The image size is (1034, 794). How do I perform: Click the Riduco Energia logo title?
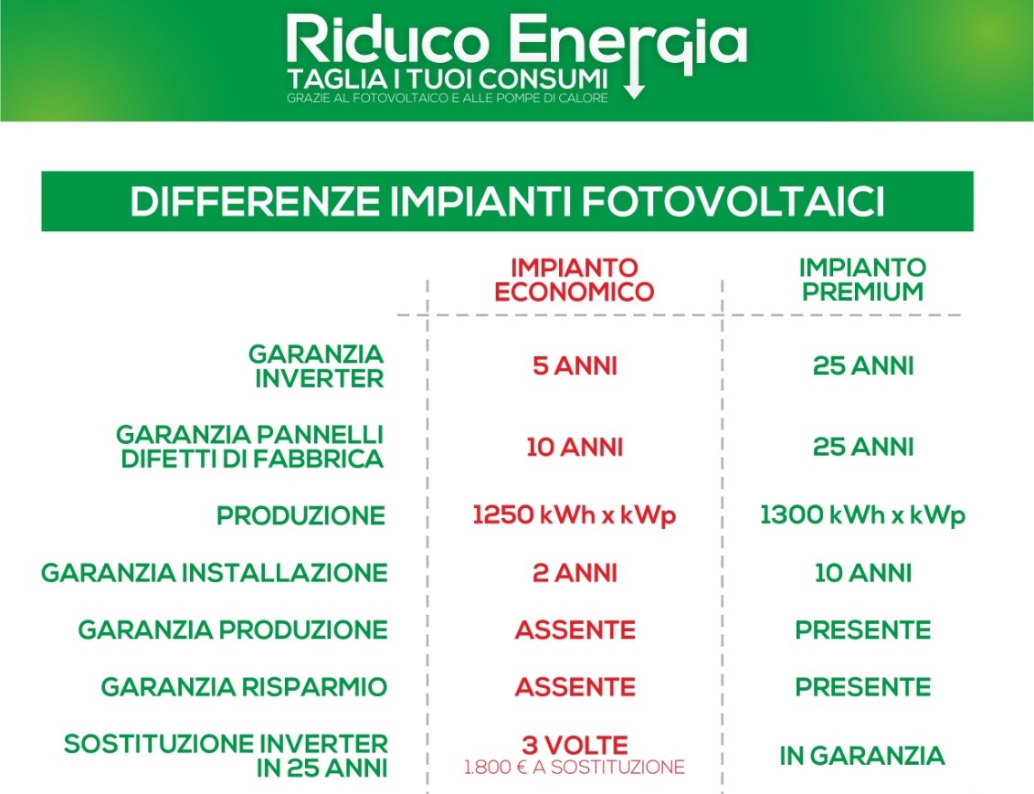click(x=517, y=41)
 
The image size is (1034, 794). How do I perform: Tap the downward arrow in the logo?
click(x=635, y=79)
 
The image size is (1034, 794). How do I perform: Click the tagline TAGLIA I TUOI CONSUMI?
click(x=447, y=79)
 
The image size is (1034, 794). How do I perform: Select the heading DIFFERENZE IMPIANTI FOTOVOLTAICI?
click(x=507, y=201)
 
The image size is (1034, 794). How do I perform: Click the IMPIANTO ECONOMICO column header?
click(x=574, y=280)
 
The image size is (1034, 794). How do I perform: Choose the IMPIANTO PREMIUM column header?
click(x=862, y=280)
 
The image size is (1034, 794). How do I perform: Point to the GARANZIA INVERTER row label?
click(x=316, y=366)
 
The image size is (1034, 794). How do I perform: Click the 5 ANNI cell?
click(x=575, y=366)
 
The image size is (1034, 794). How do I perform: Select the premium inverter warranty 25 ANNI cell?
click(x=863, y=366)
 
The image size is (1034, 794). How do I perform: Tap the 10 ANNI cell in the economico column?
click(x=575, y=448)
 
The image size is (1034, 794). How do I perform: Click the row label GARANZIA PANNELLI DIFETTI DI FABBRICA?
click(x=250, y=447)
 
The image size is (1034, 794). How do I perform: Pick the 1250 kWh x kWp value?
click(x=575, y=515)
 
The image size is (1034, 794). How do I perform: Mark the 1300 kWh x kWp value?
click(x=862, y=515)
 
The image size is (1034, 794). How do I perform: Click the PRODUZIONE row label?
click(x=301, y=515)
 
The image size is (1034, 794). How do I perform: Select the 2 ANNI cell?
click(x=575, y=573)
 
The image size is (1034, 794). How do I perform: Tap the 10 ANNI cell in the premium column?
click(x=863, y=573)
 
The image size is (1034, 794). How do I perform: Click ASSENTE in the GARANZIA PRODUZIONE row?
click(x=575, y=630)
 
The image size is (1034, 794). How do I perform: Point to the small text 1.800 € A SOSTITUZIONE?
click(x=575, y=768)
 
